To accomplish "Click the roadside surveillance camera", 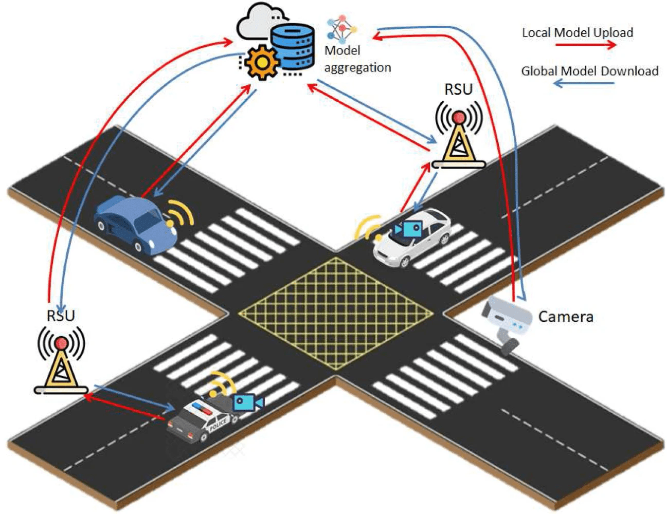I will tap(507, 321).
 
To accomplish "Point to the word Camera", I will tap(565, 317).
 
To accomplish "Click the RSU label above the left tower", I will tap(61, 316).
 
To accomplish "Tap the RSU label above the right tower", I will tap(458, 89).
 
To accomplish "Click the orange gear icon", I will tap(262, 62).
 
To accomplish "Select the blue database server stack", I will tap(293, 47).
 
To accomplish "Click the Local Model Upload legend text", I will tap(577, 32).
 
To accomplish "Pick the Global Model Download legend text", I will tap(589, 71).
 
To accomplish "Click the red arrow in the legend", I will tap(585, 45).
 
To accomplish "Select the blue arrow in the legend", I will tap(584, 83).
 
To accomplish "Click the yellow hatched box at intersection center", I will tap(336, 313).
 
